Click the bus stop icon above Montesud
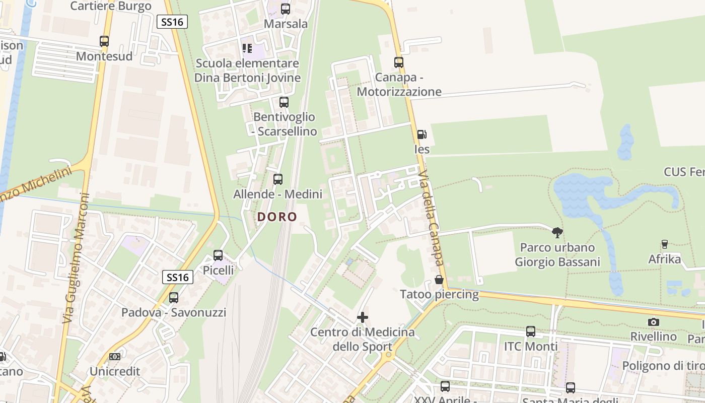pos(104,41)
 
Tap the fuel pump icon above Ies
pos(421,135)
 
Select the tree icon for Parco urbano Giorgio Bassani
pos(557,233)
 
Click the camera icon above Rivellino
pos(654,322)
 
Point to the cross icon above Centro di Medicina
pos(362,317)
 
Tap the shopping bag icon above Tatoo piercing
pos(439,280)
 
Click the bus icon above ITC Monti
pos(531,331)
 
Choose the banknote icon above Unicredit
pos(115,357)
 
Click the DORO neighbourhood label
pos(277,217)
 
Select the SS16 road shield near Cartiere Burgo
pos(172,22)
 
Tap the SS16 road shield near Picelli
pos(178,277)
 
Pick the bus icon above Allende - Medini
pos(277,179)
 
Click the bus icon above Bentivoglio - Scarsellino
pos(284,102)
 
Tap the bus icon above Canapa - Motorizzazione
pos(399,62)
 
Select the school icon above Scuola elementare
pos(247,48)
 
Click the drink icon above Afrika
pos(664,244)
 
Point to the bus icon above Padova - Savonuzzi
pos(174,298)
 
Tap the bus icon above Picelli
pos(218,255)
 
